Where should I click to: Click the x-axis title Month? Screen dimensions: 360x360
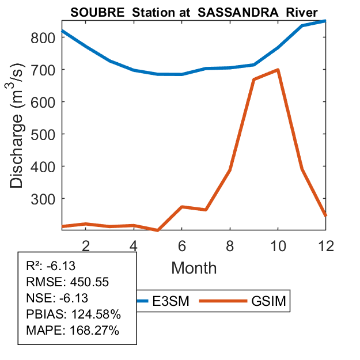[194, 267]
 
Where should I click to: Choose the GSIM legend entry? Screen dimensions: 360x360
[268, 301]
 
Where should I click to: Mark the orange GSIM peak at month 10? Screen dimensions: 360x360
[278, 70]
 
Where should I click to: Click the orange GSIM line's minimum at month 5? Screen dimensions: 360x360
[157, 230]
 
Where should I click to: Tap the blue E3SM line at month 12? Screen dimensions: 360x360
[325, 21]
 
